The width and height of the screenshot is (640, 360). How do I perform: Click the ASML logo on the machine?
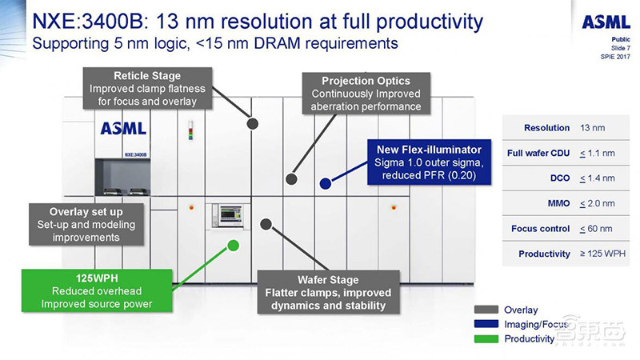tap(122, 128)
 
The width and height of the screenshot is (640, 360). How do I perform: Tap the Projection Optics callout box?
tap(366, 94)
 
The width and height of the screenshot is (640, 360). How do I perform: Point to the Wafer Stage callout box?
tap(322, 292)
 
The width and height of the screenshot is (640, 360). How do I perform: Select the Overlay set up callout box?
tap(86, 224)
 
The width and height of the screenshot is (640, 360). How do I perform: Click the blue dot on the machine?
tap(325, 183)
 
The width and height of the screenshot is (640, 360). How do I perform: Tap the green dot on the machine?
tap(233, 245)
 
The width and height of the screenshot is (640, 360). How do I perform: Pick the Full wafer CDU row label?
tap(538, 153)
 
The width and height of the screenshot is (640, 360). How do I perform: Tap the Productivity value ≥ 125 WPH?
tap(602, 254)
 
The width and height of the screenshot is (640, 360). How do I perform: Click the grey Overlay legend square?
tap(483, 310)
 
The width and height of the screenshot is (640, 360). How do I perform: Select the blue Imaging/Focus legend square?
tap(483, 324)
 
